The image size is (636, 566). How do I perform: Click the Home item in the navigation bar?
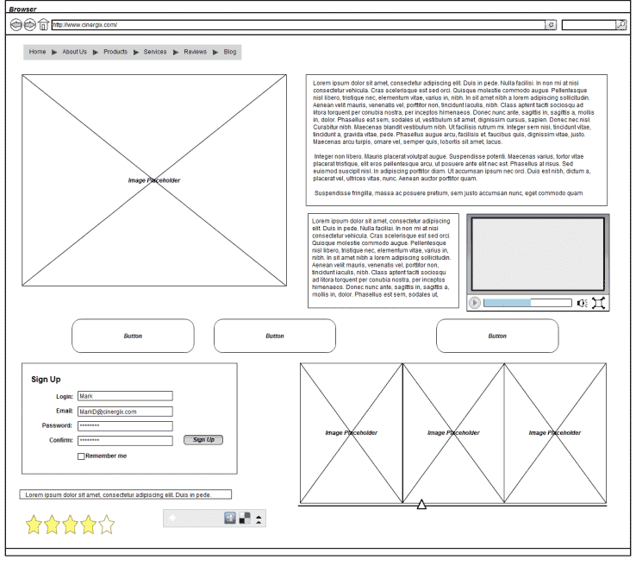pyautogui.click(x=37, y=52)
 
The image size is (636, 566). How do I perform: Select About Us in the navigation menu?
pyautogui.click(x=74, y=52)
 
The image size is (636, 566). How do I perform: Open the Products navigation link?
pyautogui.click(x=115, y=52)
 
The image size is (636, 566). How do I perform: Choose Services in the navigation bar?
pyautogui.click(x=155, y=52)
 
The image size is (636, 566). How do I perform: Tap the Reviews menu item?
pyautogui.click(x=195, y=52)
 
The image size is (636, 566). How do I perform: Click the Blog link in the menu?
pyautogui.click(x=230, y=52)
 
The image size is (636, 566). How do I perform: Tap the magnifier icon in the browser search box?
pyautogui.click(x=620, y=25)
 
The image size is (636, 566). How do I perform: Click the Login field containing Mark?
pyautogui.click(x=125, y=396)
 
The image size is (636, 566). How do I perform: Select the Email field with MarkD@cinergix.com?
pyautogui.click(x=125, y=412)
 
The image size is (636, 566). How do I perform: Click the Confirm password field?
pyautogui.click(x=125, y=441)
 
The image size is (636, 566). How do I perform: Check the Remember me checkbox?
pyautogui.click(x=81, y=456)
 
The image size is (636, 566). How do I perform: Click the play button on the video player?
pyautogui.click(x=475, y=303)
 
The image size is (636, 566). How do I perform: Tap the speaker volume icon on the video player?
pyautogui.click(x=583, y=303)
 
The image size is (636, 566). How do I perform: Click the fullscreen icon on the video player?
pyautogui.click(x=600, y=303)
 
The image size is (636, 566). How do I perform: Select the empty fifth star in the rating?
pyautogui.click(x=106, y=524)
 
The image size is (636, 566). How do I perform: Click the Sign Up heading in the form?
pyautogui.click(x=46, y=380)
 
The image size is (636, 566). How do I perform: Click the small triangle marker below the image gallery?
pyautogui.click(x=421, y=504)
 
